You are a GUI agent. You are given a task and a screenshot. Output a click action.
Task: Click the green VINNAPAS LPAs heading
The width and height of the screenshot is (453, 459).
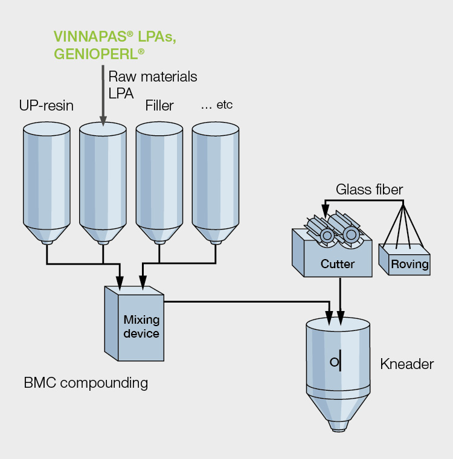[115, 36]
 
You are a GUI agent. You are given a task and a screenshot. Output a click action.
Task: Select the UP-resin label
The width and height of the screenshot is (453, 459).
[47, 105]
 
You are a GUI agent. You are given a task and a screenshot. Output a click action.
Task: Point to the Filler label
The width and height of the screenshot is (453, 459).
[159, 105]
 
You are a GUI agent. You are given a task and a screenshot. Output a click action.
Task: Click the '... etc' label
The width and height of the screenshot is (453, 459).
[217, 105]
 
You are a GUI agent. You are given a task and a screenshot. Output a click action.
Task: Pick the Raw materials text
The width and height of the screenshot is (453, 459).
[153, 77]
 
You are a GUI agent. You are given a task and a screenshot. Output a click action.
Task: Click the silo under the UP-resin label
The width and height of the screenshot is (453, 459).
[47, 183]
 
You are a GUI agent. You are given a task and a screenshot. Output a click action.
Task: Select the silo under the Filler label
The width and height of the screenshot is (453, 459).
[159, 183]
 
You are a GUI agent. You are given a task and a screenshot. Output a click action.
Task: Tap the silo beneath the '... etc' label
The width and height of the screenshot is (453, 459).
[216, 183]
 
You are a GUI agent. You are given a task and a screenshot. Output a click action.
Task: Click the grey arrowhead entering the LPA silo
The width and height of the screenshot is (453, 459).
[103, 121]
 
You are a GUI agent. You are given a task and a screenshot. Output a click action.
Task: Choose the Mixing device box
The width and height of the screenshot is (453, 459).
[134, 324]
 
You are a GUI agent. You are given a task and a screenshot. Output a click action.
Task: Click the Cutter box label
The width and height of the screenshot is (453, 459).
[338, 264]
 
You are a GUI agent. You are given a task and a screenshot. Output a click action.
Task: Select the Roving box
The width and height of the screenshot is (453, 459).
[405, 260]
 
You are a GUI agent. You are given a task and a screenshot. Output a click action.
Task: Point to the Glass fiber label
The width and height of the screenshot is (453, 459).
[369, 190]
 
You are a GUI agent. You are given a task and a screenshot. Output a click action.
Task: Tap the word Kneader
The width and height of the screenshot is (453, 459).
[406, 364]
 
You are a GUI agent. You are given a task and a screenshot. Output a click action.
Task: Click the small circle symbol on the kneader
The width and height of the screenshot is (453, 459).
[334, 362]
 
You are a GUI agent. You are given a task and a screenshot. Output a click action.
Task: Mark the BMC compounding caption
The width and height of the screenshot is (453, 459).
[86, 383]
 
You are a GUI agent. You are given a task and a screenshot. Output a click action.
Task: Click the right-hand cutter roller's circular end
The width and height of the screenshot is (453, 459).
[351, 234]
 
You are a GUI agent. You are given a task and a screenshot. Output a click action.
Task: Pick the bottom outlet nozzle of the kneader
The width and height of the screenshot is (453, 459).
[338, 426]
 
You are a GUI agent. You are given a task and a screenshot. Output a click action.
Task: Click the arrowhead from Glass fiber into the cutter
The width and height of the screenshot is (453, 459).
[326, 211]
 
